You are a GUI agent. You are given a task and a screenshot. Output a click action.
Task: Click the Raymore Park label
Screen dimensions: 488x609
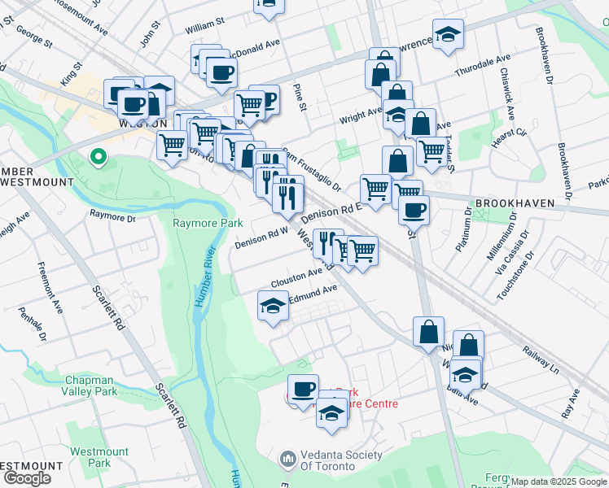pyautogui.click(x=208, y=223)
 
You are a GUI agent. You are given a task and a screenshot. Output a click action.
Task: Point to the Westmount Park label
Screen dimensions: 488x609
pyautogui.click(x=99, y=457)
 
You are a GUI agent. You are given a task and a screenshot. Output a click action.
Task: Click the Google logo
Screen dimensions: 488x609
pyautogui.click(x=26, y=478)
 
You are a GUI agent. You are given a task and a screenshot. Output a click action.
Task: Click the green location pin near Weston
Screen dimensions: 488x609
pyautogui.click(x=98, y=156)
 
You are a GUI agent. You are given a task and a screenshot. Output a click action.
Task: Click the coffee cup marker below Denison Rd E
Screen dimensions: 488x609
pyautogui.click(x=414, y=209)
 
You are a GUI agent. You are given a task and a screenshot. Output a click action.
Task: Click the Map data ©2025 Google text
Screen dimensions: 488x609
pyautogui.click(x=559, y=481)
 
